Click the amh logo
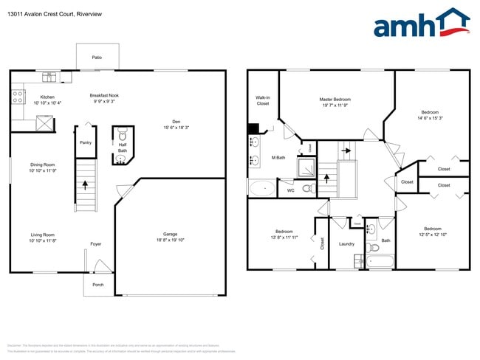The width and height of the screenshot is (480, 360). click(x=422, y=24)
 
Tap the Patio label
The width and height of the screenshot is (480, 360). click(x=97, y=57)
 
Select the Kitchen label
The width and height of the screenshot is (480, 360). click(x=47, y=97)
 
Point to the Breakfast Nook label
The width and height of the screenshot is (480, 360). click(x=105, y=95)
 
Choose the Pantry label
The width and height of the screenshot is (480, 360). click(x=86, y=142)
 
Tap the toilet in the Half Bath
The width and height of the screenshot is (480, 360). click(x=123, y=135)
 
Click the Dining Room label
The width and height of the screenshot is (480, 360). click(x=42, y=165)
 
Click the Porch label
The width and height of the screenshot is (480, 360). click(x=97, y=285)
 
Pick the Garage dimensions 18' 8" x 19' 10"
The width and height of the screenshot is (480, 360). click(x=171, y=240)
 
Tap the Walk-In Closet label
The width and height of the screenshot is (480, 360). click(x=263, y=100)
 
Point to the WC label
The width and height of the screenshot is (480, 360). click(x=290, y=190)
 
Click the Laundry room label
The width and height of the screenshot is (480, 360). click(x=346, y=243)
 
